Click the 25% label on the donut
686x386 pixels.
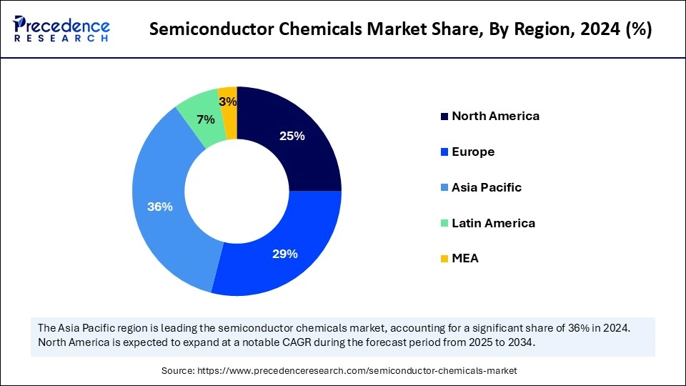point(292,136)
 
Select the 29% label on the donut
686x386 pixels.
point(284,254)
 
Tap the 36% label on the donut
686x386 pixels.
point(159,207)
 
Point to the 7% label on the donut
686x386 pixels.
point(205,119)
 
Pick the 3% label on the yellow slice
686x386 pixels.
point(228,102)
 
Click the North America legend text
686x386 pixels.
point(495,116)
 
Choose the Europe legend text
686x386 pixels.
point(473,152)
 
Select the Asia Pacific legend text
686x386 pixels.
point(487,187)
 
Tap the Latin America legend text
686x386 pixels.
point(493,223)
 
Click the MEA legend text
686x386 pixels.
point(465,258)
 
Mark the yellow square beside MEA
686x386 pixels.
point(444,259)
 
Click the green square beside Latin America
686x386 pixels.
point(444,223)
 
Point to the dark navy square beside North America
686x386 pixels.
point(444,117)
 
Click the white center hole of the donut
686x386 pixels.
point(237,191)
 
